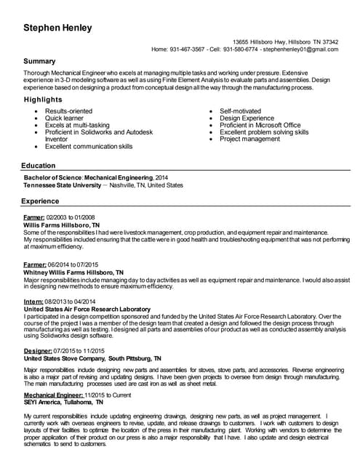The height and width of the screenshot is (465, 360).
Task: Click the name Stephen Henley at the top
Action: pos(57,28)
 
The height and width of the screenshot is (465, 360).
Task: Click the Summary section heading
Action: pos(39,62)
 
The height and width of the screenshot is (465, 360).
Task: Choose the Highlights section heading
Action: pos(43,100)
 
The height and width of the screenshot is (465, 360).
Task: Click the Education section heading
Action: pos(39,166)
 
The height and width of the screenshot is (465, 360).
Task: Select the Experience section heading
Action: pos(40,201)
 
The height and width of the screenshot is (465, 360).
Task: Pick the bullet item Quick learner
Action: pos(64,118)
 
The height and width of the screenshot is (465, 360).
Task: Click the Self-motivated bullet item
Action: pos(240,111)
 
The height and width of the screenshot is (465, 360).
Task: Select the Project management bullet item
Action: pos(249,139)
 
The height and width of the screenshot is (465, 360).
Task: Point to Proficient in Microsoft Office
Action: pos(260,125)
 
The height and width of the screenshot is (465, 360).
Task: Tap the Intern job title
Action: pos(33,301)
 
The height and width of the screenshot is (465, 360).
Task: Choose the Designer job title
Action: pos(39,351)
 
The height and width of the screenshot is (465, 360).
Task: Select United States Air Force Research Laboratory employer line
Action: pos(87,309)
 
